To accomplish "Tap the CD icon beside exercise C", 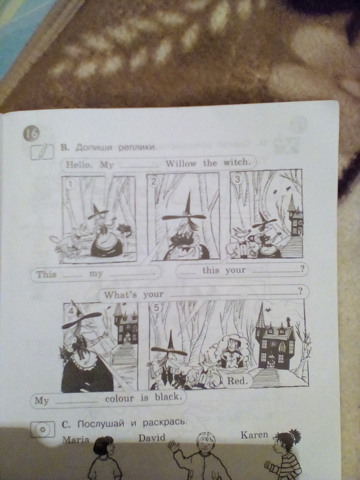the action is point(42,429).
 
